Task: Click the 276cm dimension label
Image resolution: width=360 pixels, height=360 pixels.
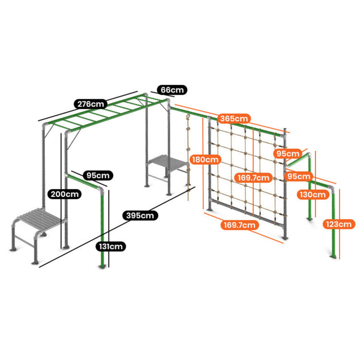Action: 91,104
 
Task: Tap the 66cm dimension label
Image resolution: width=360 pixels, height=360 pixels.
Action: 172,90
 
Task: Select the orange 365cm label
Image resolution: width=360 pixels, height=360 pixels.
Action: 234,118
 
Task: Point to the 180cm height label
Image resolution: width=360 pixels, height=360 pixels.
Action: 205,159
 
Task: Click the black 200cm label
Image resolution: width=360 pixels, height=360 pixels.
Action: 64,194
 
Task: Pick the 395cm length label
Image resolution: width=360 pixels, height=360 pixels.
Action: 140,215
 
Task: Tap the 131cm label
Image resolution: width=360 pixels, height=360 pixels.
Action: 111,246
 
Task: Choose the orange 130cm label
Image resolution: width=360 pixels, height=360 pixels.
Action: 313,195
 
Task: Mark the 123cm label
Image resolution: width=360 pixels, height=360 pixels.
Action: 338,224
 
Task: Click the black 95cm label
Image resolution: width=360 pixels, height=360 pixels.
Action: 98,175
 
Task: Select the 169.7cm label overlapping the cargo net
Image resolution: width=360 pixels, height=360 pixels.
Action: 253,177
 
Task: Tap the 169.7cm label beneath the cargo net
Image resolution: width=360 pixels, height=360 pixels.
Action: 240,225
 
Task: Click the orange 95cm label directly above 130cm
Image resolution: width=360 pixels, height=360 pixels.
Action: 299,176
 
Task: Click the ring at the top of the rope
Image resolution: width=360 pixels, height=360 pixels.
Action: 188,117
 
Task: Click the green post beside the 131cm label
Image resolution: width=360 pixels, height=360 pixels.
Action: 102,229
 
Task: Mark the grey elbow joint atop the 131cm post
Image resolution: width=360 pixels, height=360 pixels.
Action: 101,190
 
